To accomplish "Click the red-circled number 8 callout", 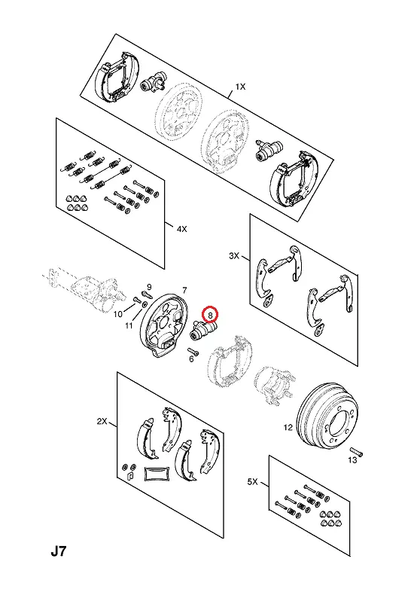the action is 211,314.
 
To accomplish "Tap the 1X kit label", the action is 240,87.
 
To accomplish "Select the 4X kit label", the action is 182,229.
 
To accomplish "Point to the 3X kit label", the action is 234,256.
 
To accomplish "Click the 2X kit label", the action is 102,421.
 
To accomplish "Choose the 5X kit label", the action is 252,481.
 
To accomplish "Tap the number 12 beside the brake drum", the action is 288,427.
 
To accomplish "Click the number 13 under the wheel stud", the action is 352,460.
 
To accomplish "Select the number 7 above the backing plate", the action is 184,290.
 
